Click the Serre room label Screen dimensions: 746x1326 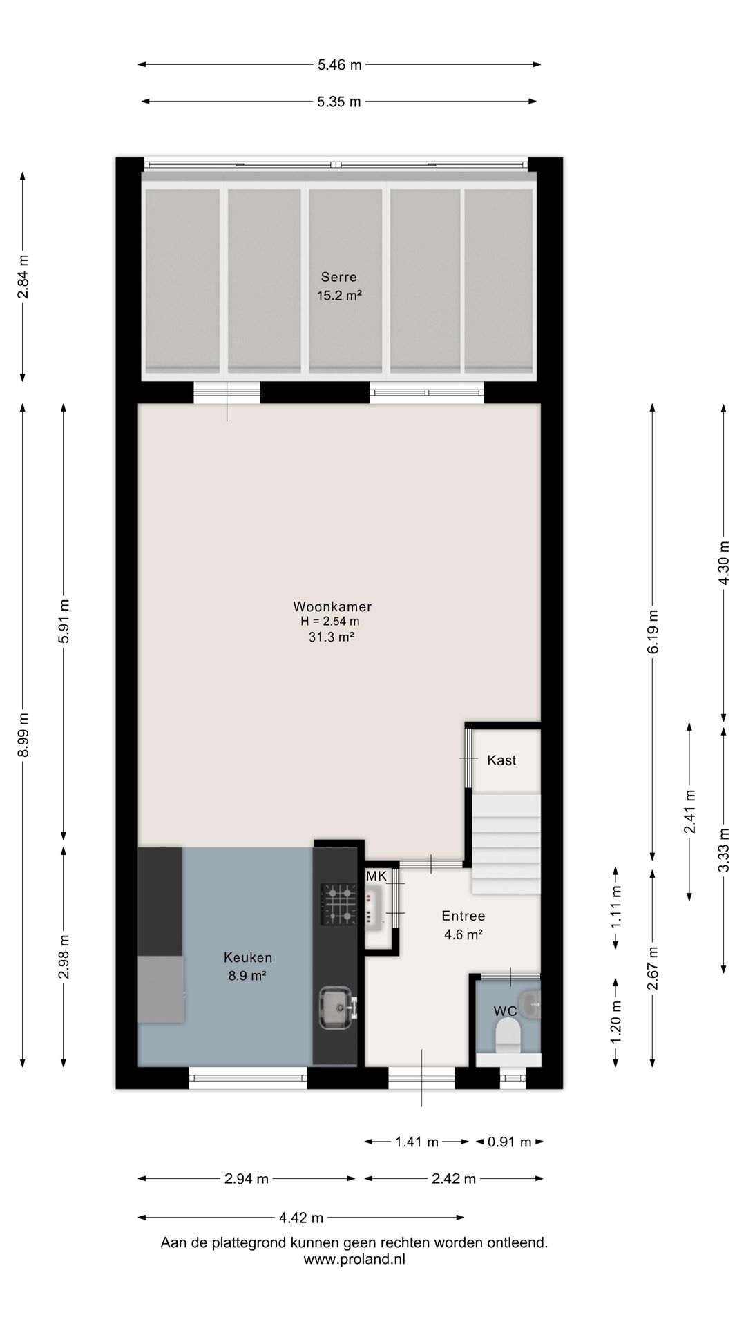click(339, 277)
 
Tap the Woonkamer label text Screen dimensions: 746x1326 click(332, 606)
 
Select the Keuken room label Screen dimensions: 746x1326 click(248, 957)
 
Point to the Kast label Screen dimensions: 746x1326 click(501, 760)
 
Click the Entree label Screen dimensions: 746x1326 click(463, 916)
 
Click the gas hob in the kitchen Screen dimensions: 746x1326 click(338, 904)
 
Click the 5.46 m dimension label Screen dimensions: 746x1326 click(339, 65)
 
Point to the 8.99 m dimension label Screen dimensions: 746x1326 click(23, 735)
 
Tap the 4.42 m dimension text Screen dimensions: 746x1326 click(301, 1217)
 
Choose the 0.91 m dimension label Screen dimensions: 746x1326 click(510, 1142)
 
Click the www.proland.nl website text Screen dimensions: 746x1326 click(354, 1259)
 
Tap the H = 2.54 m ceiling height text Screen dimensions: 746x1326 click(330, 621)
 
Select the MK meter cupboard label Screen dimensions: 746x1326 click(376, 876)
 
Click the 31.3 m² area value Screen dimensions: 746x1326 click(332, 637)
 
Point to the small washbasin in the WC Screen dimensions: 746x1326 click(532, 1003)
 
